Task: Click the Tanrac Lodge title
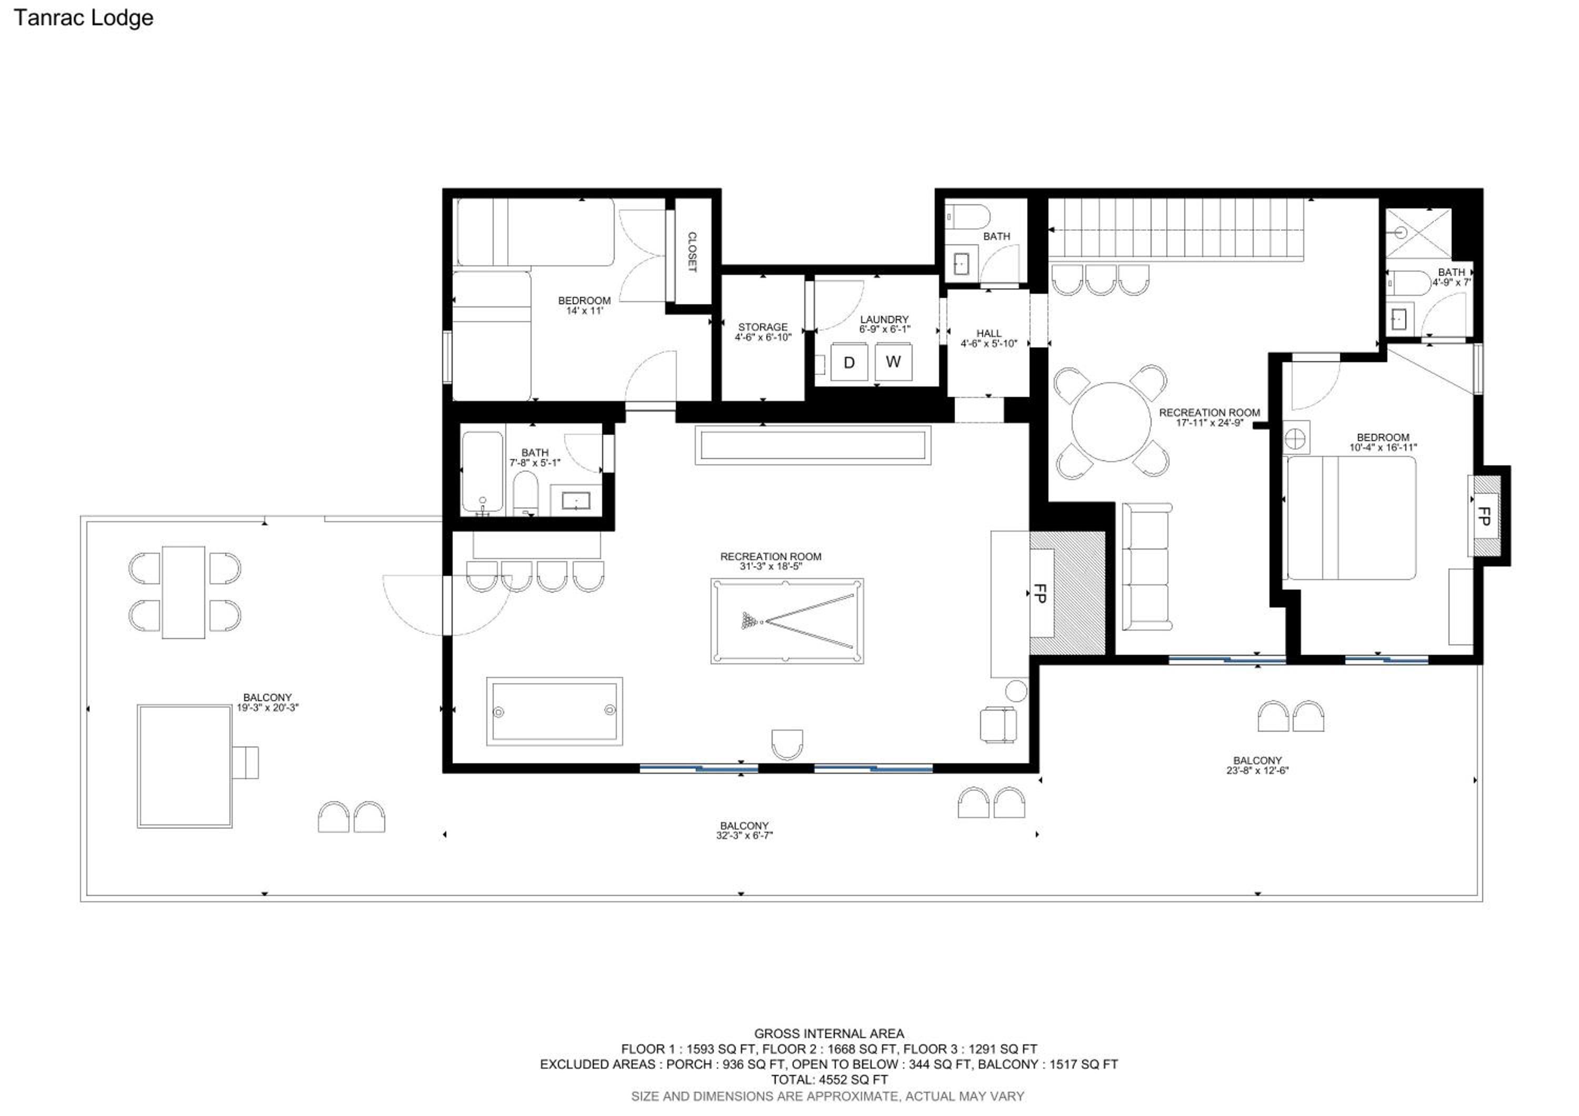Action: coord(83,18)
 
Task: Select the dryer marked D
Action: coord(848,362)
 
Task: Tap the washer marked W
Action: coord(893,362)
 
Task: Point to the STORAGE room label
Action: coord(763,327)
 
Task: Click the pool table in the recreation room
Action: coord(787,621)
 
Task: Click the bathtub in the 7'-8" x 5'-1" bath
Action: coord(482,472)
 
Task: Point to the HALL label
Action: coord(989,334)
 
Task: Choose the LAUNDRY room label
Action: coord(884,320)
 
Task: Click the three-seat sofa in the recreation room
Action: coord(1147,566)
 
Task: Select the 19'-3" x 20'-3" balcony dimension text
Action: coord(267,708)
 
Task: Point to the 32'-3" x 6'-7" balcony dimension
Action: coord(744,836)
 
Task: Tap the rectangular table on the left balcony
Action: coord(184,592)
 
